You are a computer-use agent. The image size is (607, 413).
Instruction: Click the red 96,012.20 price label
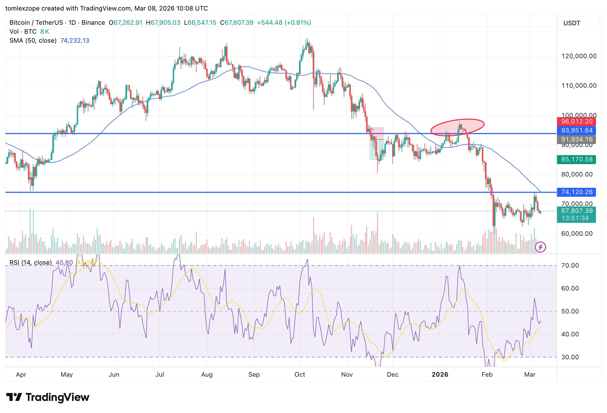click(x=576, y=121)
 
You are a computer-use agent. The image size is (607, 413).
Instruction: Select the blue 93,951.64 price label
click(x=576, y=130)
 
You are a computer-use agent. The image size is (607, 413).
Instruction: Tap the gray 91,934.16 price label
click(x=576, y=139)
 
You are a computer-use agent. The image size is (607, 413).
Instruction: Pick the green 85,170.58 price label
click(x=576, y=159)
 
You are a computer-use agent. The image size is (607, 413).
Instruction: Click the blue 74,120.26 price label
click(x=576, y=192)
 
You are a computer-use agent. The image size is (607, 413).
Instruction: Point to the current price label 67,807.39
click(x=576, y=211)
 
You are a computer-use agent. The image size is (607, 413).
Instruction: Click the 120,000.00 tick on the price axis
click(x=579, y=56)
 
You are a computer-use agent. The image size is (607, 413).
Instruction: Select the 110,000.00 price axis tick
click(x=579, y=86)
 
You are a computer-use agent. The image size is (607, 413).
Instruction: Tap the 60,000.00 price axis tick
click(x=577, y=234)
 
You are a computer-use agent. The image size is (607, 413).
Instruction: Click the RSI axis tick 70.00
click(x=570, y=265)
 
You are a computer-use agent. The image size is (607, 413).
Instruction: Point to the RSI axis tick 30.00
click(x=570, y=357)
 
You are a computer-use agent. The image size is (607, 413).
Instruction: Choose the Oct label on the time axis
click(x=300, y=375)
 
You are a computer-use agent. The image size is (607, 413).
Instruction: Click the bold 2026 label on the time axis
click(x=440, y=375)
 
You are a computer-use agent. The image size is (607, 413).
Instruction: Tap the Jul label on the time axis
click(x=160, y=375)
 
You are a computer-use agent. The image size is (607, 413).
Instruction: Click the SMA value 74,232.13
click(x=75, y=41)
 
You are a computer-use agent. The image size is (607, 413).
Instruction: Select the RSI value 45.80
click(x=64, y=263)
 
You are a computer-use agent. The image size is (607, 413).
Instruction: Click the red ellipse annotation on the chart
click(x=458, y=127)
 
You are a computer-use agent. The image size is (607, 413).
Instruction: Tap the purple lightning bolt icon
click(x=540, y=247)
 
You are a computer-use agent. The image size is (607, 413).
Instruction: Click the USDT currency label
click(x=572, y=23)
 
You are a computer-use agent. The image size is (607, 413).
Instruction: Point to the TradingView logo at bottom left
click(x=48, y=397)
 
